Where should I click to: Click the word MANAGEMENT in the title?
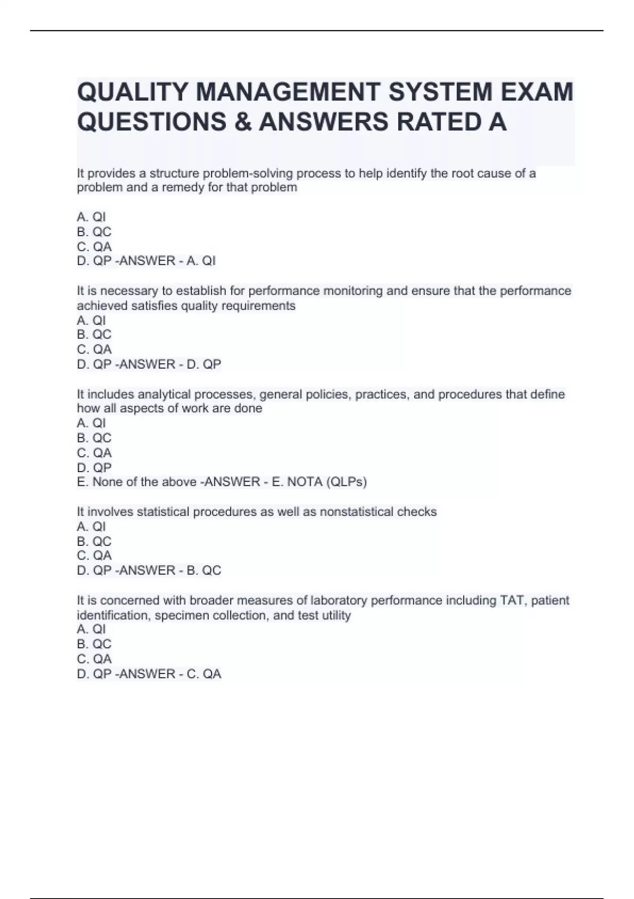tap(287, 92)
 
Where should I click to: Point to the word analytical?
tap(164, 395)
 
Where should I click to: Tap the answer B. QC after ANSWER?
tap(203, 570)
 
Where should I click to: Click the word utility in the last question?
tap(335, 616)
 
